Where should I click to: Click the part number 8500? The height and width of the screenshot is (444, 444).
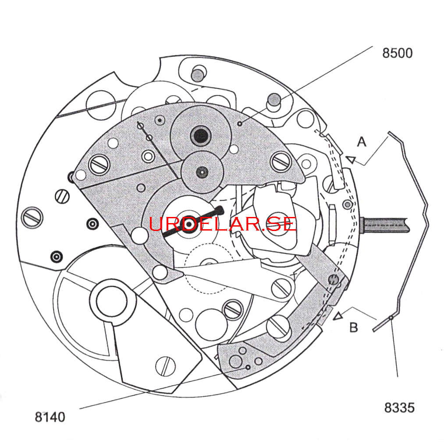397,53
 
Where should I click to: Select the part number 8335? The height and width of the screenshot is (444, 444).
399,408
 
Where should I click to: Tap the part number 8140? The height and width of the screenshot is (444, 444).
50,417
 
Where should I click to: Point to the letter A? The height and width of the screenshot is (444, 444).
362,142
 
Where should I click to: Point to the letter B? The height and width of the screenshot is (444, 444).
354,327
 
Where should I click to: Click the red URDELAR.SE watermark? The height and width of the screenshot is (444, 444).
223,224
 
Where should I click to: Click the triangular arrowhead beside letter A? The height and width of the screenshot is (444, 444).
351,160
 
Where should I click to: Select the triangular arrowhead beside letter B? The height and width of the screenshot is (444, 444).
338,316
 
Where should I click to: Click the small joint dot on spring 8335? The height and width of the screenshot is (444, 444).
391,318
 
